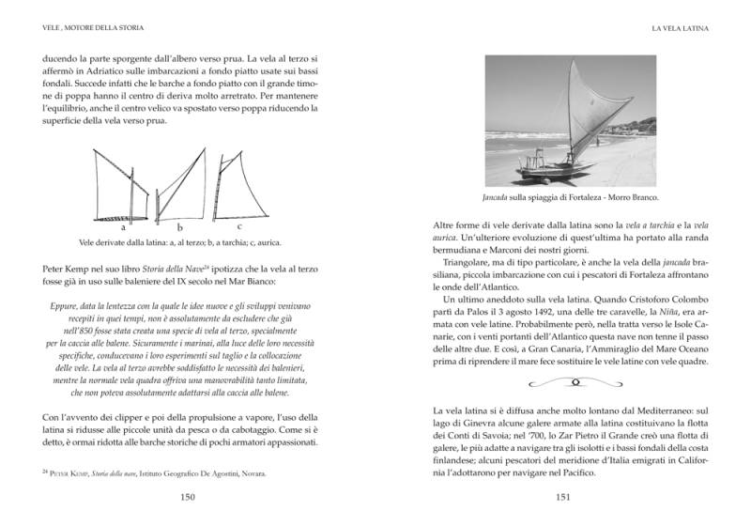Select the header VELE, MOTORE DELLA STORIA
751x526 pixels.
click(81, 29)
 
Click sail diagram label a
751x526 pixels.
click(123, 227)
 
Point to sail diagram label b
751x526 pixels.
click(181, 227)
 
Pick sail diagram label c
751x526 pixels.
click(239, 226)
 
